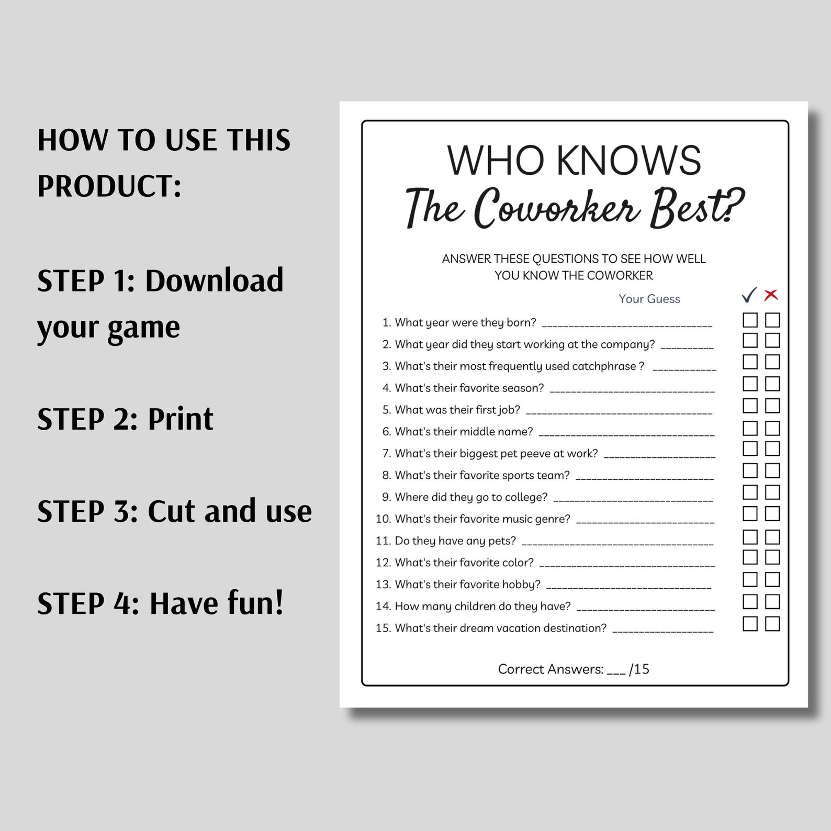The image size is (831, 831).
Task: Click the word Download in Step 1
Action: point(214,280)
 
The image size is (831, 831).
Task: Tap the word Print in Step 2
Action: point(181,419)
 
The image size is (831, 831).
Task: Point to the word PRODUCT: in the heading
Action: point(109,186)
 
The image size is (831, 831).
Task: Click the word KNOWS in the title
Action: point(628,160)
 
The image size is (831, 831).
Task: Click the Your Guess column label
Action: point(649,299)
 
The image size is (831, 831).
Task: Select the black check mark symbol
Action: point(749,295)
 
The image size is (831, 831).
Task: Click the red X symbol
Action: point(771,295)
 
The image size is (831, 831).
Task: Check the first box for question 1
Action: point(750,320)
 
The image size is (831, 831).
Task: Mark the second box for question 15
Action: point(772,623)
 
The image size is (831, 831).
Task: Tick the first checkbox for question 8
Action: point(750,470)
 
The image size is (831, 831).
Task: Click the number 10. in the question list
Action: point(383,519)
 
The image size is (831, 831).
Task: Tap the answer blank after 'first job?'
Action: point(619,412)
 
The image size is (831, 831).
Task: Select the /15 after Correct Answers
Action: point(639,669)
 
